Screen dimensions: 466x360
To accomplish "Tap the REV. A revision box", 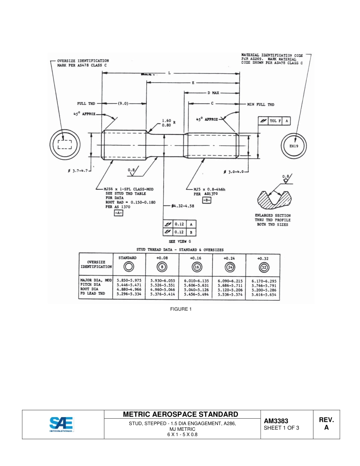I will click(326, 424).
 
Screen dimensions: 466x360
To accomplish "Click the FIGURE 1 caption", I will click(181, 309).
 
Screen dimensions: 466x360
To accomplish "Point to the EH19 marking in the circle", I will click(294, 146).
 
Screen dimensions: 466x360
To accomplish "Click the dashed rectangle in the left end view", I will click(64, 145).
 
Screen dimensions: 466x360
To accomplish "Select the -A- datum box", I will click(119, 213).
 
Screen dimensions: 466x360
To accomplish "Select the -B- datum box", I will click(206, 200).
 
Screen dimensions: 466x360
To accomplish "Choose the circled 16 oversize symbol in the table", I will click(197, 267).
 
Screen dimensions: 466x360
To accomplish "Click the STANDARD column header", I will click(127, 258).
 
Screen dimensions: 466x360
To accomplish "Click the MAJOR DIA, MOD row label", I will click(95, 280).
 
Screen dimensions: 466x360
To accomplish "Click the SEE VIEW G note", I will click(179, 241).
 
